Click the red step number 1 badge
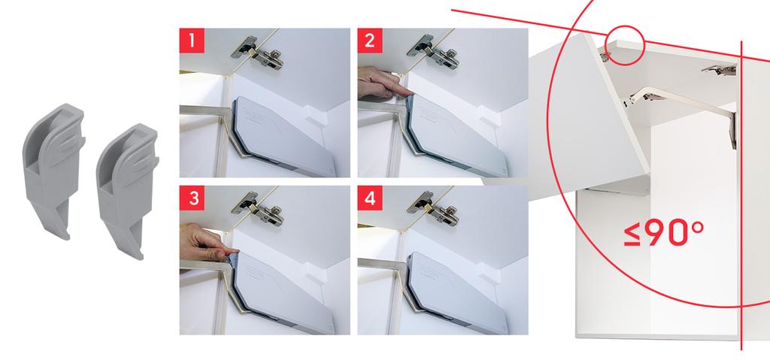192,41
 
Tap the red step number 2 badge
370,41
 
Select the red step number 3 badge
192,198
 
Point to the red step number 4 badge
370,198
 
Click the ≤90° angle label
663,233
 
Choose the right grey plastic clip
128,189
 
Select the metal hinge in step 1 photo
258,53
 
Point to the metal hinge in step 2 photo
435,52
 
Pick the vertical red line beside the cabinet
741,195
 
